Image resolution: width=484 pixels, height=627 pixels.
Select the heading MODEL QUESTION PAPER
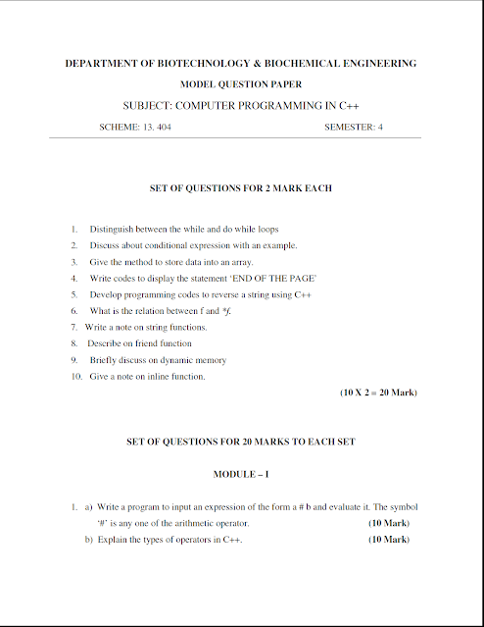240,84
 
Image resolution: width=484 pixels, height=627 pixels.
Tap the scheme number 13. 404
149,128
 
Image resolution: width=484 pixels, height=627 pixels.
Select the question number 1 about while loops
73,229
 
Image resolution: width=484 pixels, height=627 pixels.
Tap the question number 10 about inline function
74,377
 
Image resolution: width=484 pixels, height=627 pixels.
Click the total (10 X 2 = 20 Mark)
378,392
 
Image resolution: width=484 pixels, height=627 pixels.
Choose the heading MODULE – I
241,474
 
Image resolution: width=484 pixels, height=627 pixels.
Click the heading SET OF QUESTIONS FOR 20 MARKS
240,442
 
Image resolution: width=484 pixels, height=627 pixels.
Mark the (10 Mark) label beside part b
388,540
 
